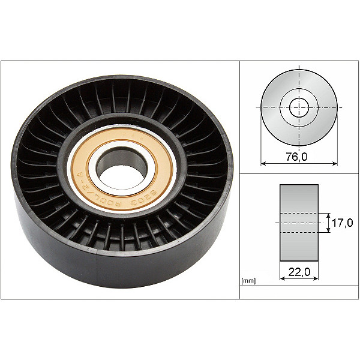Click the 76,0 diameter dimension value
click(x=298, y=157)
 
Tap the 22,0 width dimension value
click(x=299, y=272)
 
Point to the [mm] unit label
click(x=247, y=280)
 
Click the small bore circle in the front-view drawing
click(x=299, y=108)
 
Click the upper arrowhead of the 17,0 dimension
click(x=328, y=215)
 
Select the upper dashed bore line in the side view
click(x=299, y=213)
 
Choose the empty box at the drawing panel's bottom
click(x=298, y=292)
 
